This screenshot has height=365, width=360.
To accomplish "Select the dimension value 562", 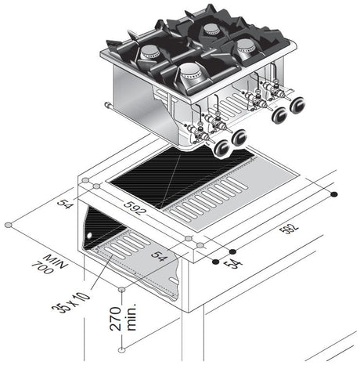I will point(291,231).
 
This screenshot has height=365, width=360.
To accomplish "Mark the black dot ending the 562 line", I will point(334,193).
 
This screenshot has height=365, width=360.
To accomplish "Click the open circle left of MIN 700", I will point(8,225).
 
